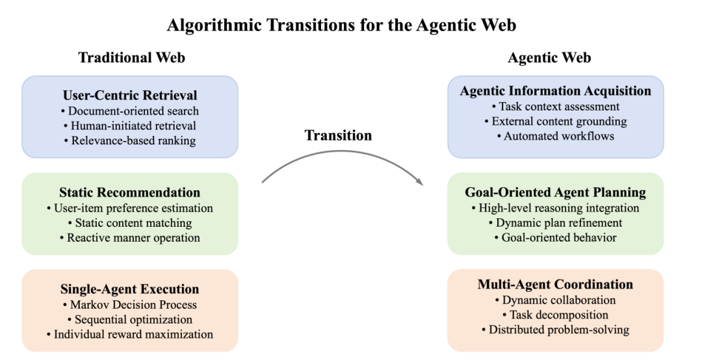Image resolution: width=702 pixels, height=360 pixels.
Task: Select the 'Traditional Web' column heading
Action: [x=132, y=58]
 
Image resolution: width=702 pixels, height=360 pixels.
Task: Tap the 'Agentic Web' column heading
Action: [x=549, y=58]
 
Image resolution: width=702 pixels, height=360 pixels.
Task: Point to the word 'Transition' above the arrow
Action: [x=338, y=135]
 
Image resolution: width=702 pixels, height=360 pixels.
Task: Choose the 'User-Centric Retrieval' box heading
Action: [x=130, y=96]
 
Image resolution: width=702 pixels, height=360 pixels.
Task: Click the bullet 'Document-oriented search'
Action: [x=130, y=111]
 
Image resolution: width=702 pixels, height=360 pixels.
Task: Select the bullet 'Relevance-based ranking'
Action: [x=130, y=140]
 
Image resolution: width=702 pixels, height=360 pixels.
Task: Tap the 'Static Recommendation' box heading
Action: [x=130, y=192]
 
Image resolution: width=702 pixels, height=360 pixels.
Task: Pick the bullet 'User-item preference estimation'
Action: [x=130, y=208]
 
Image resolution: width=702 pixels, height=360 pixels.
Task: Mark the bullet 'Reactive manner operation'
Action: [x=130, y=237]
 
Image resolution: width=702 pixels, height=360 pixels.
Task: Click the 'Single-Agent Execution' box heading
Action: [x=130, y=289]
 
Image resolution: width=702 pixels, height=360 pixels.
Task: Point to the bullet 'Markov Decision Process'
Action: [x=130, y=304]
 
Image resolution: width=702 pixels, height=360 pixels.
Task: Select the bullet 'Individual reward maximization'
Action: [x=130, y=334]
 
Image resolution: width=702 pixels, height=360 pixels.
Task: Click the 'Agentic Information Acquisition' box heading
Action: [x=556, y=91]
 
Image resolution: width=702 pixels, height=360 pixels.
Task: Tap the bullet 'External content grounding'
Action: [x=556, y=121]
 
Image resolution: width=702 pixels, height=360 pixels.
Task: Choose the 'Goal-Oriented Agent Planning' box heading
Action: [x=556, y=192]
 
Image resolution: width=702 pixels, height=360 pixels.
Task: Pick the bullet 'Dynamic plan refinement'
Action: [x=556, y=223]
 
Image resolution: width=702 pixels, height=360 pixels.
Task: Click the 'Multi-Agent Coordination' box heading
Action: [x=556, y=285]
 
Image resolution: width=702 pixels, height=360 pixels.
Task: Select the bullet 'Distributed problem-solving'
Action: [x=556, y=329]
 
